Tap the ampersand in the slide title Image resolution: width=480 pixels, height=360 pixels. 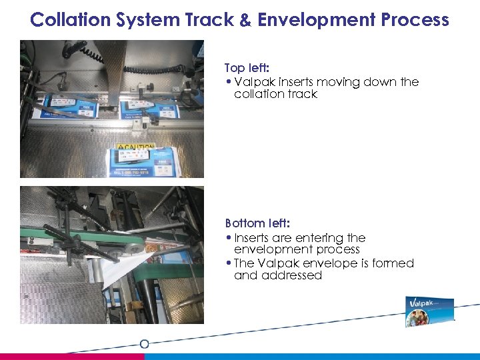pos(245,19)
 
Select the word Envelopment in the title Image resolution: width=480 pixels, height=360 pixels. pos(315,19)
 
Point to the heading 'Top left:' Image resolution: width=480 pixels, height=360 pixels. pos(247,68)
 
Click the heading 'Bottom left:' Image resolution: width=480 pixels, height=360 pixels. pos(257,223)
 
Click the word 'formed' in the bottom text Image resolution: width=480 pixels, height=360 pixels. pos(393,263)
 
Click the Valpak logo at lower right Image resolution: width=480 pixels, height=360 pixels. pos(430,312)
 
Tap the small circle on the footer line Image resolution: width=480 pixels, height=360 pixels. pos(144,344)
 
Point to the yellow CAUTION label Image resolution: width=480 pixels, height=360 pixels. pos(136,147)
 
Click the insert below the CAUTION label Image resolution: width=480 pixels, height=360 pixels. pos(141,163)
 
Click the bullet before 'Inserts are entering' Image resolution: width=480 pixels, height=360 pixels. pos(229,238)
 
